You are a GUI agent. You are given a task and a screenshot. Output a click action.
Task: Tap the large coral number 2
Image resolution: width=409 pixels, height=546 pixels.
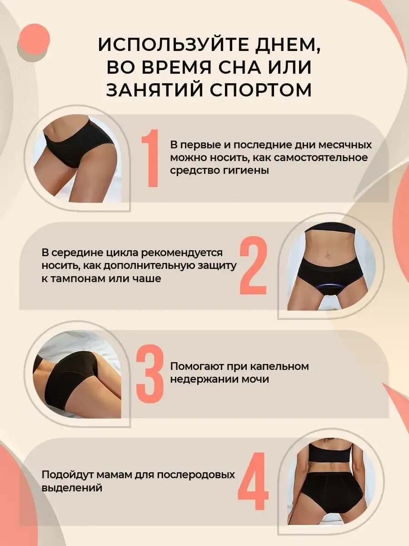(254, 265)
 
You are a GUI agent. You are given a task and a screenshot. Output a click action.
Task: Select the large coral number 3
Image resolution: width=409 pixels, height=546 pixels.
(150, 374)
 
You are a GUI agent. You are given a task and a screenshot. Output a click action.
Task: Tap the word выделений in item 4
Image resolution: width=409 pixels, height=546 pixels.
(72, 488)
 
